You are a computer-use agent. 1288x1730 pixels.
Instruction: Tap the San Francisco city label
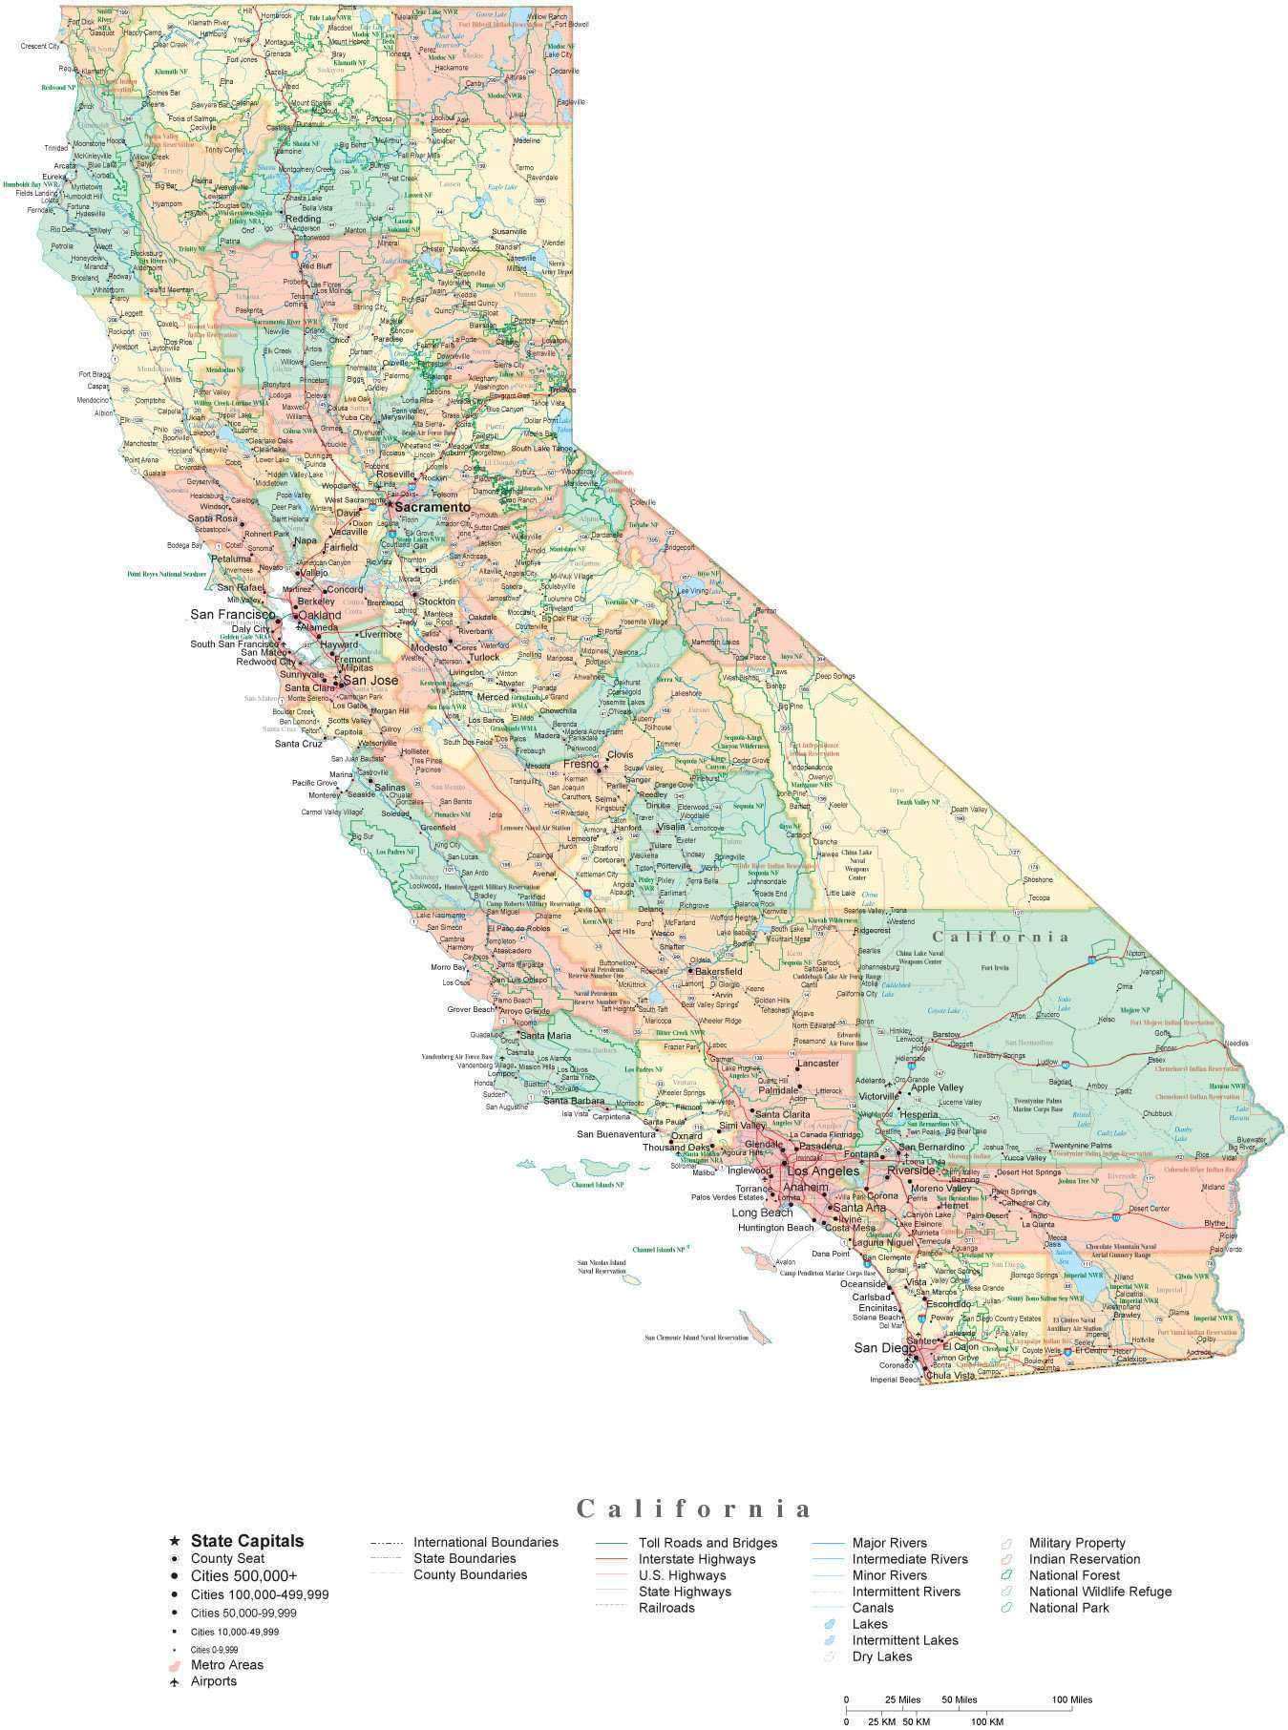click(x=233, y=614)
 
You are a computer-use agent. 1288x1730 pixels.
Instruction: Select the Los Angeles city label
click(x=823, y=1171)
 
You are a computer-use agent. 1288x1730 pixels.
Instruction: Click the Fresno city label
click(x=580, y=764)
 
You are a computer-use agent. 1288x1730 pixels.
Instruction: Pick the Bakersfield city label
click(x=718, y=972)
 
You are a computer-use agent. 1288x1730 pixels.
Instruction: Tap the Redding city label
click(x=304, y=219)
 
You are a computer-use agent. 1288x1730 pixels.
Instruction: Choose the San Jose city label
click(x=370, y=681)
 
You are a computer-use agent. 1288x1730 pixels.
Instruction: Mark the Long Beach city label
click(x=762, y=1213)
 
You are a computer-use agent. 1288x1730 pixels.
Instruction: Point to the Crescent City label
click(x=40, y=46)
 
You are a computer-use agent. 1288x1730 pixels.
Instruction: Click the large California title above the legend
click(x=694, y=1508)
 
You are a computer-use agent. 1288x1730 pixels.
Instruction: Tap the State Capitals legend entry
click(x=246, y=1540)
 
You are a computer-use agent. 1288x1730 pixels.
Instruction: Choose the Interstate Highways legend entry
click(x=696, y=1559)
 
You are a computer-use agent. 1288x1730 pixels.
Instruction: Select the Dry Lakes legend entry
click(x=881, y=1656)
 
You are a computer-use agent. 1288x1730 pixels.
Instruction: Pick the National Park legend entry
click(x=1068, y=1608)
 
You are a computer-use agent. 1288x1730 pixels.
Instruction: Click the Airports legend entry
click(x=213, y=1681)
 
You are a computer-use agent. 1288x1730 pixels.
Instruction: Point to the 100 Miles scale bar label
click(x=1072, y=1699)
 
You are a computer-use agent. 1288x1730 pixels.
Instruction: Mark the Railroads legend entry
click(x=666, y=1608)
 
